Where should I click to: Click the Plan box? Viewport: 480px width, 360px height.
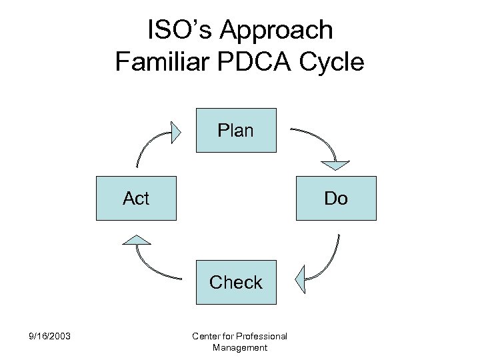235,130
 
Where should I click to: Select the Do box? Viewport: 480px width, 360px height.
336,198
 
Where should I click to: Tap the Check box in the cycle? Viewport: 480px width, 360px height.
235,282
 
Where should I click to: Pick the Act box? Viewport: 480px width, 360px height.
136,198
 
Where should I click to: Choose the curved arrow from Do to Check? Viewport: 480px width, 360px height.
329,260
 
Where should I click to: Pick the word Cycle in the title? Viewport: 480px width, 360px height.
335,61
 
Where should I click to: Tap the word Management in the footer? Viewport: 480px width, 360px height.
239,347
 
